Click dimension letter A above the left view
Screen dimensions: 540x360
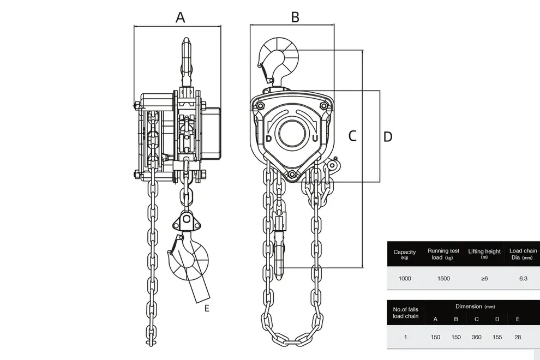pyautogui.click(x=181, y=17)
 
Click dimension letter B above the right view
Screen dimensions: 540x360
pyautogui.click(x=295, y=17)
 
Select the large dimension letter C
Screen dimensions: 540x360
pyautogui.click(x=352, y=136)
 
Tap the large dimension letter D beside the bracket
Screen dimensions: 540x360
pyautogui.click(x=388, y=137)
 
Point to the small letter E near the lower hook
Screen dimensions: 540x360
pyautogui.click(x=207, y=308)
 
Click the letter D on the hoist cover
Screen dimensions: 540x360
pyautogui.click(x=269, y=139)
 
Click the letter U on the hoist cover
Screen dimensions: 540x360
pyautogui.click(x=315, y=139)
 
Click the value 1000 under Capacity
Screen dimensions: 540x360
pyautogui.click(x=405, y=278)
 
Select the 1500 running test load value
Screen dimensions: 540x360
pyautogui.click(x=443, y=278)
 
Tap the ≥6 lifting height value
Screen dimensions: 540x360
pyautogui.click(x=484, y=278)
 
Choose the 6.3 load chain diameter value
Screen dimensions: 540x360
pyautogui.click(x=523, y=278)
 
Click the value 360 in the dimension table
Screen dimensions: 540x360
pyautogui.click(x=477, y=337)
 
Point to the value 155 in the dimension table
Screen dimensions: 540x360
pyautogui.click(x=497, y=337)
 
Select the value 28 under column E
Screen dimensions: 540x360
pyautogui.click(x=518, y=337)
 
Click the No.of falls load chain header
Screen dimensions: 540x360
pyautogui.click(x=406, y=313)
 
